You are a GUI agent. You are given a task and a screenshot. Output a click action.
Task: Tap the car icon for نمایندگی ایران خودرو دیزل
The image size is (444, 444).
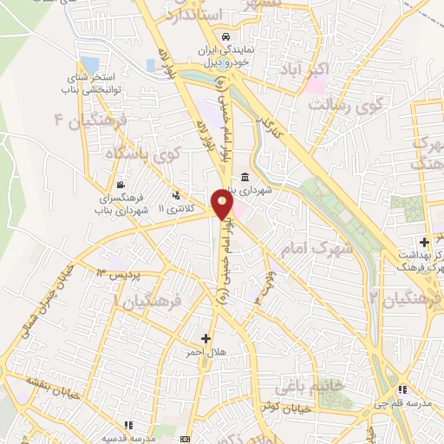point(225,38)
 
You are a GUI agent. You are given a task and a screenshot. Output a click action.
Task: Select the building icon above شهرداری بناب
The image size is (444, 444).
point(246,177)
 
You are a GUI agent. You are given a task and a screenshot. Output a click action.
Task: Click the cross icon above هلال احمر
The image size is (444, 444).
point(206,338)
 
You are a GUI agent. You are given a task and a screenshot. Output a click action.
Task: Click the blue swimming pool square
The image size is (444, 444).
point(89,65)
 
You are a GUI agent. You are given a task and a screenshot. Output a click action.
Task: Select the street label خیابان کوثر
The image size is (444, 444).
point(277,405)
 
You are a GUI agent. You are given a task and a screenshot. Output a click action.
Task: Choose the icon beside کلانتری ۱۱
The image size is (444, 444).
point(177,196)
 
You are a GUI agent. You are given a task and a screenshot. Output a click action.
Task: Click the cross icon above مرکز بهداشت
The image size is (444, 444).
point(424,241)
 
